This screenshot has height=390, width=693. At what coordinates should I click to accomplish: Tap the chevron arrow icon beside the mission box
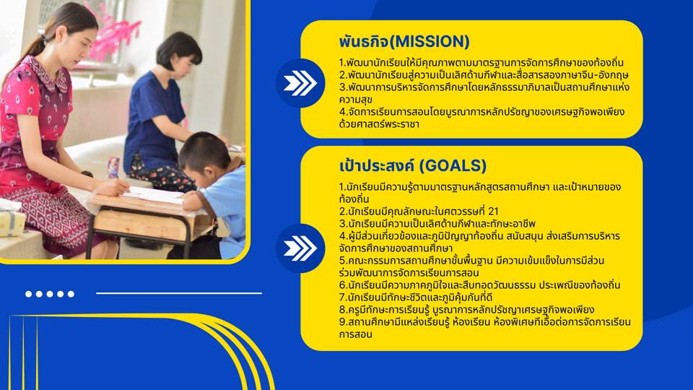tap(300, 83)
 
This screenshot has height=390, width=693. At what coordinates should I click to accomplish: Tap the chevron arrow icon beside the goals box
tap(300, 248)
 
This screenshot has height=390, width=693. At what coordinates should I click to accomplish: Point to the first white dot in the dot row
tap(29, 294)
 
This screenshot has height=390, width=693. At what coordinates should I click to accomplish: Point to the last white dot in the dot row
tap(71, 294)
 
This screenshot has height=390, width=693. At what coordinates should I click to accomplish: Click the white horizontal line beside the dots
tap(179, 293)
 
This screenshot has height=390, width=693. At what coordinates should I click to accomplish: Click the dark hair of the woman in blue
tap(179, 48)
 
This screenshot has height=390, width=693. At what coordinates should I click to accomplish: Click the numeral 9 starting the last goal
tap(342, 322)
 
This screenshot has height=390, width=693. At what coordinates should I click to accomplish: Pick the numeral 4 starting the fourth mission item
tap(342, 112)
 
